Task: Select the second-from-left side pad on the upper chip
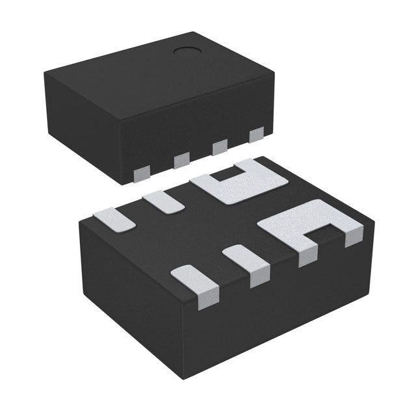181,159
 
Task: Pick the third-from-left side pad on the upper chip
220,147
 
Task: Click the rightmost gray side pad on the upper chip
257,135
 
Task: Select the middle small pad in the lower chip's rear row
164,200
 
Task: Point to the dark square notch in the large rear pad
229,174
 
